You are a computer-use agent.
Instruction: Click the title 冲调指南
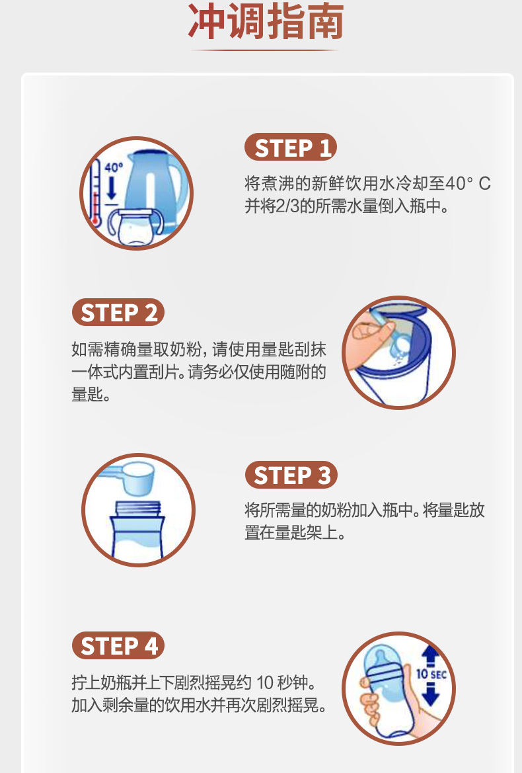click(x=266, y=22)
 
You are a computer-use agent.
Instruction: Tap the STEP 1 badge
click(x=291, y=147)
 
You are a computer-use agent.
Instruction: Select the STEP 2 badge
click(x=118, y=312)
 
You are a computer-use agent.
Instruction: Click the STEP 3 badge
click(x=291, y=475)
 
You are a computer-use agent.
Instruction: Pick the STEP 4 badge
click(x=118, y=645)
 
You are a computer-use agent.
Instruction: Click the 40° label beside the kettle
click(x=113, y=167)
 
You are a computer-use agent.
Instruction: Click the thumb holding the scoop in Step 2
click(x=367, y=331)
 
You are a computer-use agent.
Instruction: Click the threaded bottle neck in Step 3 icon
click(x=138, y=509)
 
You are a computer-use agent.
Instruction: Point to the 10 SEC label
click(x=431, y=674)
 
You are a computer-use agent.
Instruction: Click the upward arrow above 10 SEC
click(x=430, y=656)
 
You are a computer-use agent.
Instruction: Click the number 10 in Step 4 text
click(x=264, y=683)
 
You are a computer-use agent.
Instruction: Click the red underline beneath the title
click(x=264, y=50)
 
